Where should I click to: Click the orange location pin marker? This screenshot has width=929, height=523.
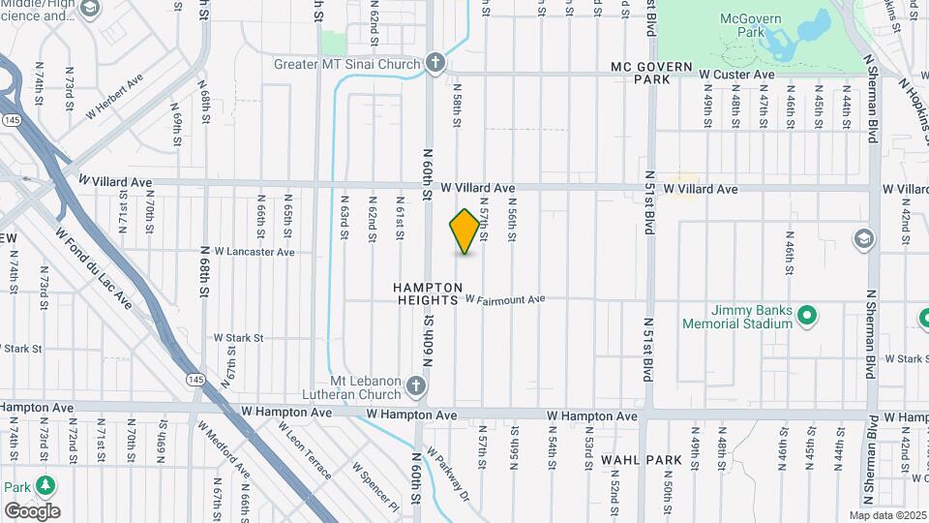465,231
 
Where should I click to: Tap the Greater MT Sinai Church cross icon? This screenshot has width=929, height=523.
435,64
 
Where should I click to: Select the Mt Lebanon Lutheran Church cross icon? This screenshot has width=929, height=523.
416,387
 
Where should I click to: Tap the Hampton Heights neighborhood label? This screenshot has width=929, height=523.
426,294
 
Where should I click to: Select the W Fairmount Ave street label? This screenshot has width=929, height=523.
505,300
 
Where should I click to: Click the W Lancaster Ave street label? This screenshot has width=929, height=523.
255,252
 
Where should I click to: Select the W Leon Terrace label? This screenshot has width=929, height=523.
309,452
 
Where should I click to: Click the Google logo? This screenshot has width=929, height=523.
32,510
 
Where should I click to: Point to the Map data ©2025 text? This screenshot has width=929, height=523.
887,515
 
